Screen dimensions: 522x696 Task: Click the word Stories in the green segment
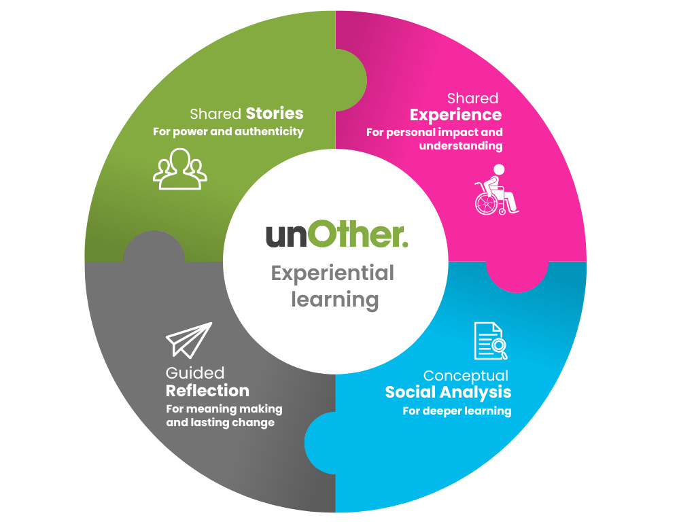click(275, 113)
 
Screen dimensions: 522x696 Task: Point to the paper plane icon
click(188, 340)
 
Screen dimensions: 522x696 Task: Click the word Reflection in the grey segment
click(207, 391)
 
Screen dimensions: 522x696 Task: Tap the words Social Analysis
click(448, 392)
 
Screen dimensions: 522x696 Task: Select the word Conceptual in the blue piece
click(466, 376)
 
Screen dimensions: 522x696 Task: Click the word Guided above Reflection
click(194, 373)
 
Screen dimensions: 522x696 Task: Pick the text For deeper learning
click(457, 411)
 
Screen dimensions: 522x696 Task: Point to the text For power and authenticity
click(228, 131)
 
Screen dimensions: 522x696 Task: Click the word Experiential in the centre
click(332, 273)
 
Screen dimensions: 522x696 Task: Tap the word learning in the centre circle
click(334, 299)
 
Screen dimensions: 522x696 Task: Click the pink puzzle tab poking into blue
click(517, 276)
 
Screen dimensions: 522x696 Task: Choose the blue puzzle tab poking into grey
click(319, 442)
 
